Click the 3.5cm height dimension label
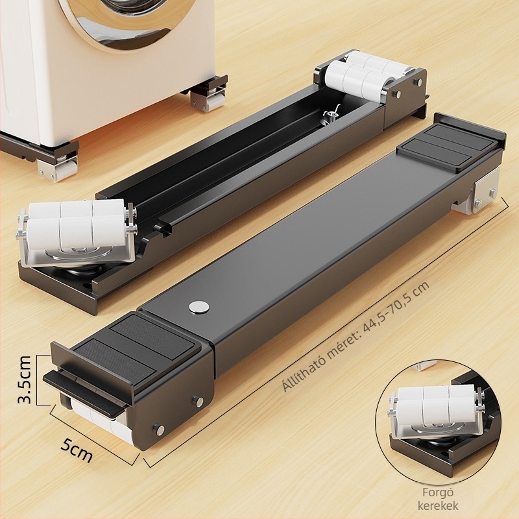click(x=25, y=380)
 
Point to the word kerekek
click(x=438, y=505)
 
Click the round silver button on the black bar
click(x=199, y=307)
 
